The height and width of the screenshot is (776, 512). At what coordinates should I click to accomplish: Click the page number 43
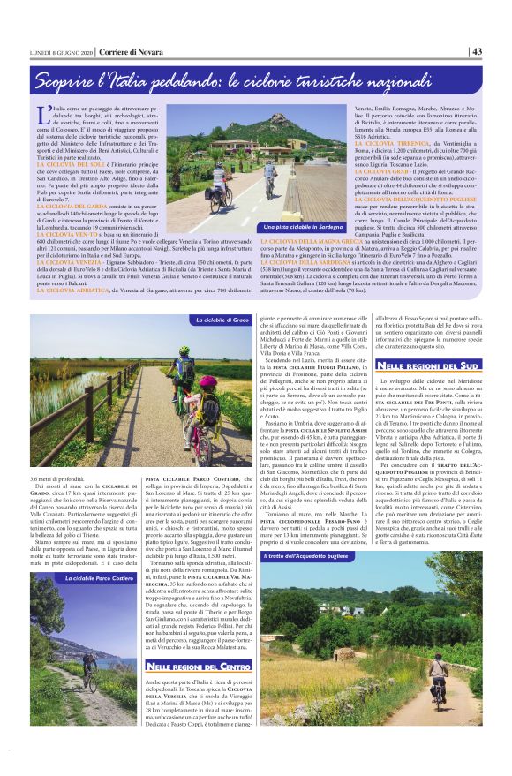tap(476, 50)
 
